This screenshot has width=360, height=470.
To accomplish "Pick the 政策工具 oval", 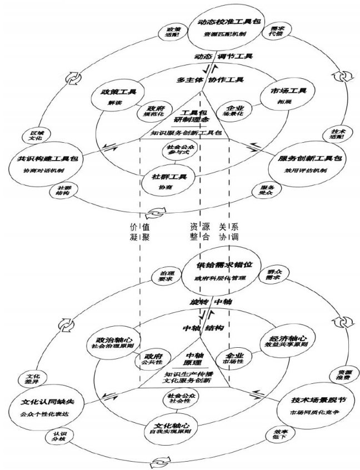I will [116, 96].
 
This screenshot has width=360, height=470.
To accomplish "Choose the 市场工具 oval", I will [285, 94].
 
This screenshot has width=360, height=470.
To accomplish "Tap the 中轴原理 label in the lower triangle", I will [195, 359].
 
